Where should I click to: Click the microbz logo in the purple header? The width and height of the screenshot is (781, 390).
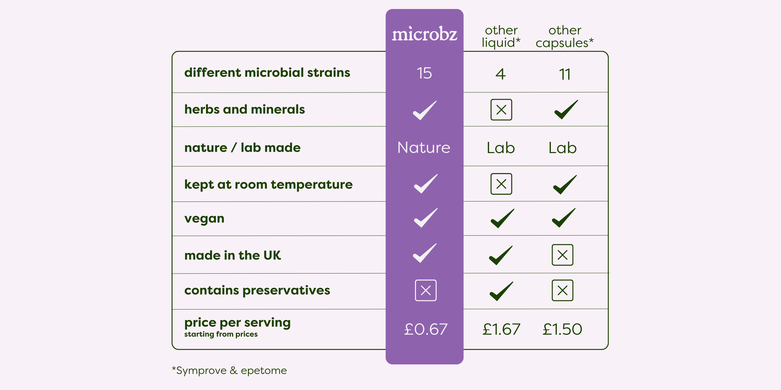[424, 34]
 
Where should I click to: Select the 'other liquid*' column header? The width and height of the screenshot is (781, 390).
[501, 37]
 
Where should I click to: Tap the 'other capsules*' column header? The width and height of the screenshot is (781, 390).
[565, 37]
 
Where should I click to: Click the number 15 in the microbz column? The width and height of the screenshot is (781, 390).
[424, 73]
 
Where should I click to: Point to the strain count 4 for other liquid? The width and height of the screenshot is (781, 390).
[501, 74]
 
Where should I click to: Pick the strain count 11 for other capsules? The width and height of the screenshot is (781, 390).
[565, 74]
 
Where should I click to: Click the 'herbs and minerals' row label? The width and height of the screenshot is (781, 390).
[245, 109]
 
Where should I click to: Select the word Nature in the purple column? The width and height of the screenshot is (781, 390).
[424, 147]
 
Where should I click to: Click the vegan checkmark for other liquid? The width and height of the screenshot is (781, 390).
[502, 218]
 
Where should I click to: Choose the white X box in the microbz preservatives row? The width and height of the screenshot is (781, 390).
[426, 290]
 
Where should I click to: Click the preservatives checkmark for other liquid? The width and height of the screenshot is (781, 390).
[502, 291]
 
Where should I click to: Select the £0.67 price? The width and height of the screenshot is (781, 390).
[426, 329]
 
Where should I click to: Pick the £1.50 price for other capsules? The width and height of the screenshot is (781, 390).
[562, 329]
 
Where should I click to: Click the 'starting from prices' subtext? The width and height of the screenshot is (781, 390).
[221, 334]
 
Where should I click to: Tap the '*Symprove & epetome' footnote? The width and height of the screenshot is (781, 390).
[229, 370]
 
